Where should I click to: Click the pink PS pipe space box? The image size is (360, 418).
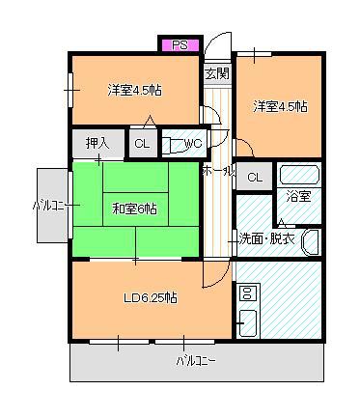(x=180, y=44)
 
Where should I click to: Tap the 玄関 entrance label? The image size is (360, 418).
(x=217, y=73)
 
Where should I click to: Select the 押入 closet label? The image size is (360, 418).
(x=97, y=143)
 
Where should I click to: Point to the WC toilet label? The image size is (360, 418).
(x=192, y=143)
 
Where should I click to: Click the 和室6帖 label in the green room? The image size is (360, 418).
(x=134, y=209)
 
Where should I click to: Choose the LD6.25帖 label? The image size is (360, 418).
(x=151, y=298)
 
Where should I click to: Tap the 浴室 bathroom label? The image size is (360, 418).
(x=299, y=196)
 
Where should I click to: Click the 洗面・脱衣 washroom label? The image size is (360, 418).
(x=266, y=238)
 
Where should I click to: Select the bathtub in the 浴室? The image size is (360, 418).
(x=299, y=175)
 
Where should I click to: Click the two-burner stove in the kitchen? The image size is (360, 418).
(x=247, y=293)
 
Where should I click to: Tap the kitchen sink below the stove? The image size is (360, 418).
(x=248, y=323)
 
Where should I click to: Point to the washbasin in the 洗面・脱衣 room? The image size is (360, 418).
(x=310, y=242)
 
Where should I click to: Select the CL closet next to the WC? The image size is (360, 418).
(x=143, y=144)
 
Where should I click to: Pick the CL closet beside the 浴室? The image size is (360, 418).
(x=255, y=177)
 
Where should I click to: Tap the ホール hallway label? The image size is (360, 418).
(x=218, y=171)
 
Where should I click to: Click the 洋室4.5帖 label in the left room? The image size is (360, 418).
(x=134, y=91)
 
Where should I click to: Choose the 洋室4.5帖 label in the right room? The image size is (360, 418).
(x=280, y=106)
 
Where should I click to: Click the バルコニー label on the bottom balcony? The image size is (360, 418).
(x=196, y=361)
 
